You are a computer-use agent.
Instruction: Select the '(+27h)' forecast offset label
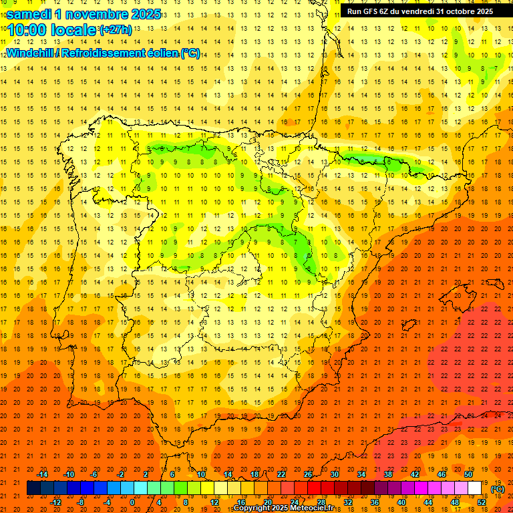116,30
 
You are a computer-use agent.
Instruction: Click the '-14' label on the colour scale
43,474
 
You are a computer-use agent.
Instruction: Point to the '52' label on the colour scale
482,502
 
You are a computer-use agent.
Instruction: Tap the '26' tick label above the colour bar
308,474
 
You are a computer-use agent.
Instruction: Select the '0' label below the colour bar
132,502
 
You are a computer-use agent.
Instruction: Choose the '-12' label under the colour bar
55,502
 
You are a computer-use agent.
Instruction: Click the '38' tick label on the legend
387,474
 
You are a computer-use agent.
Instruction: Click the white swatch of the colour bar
475,488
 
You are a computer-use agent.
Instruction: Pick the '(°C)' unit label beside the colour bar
497,490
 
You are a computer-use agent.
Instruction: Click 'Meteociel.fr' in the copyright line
314,508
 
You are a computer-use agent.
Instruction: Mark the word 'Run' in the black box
355,11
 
